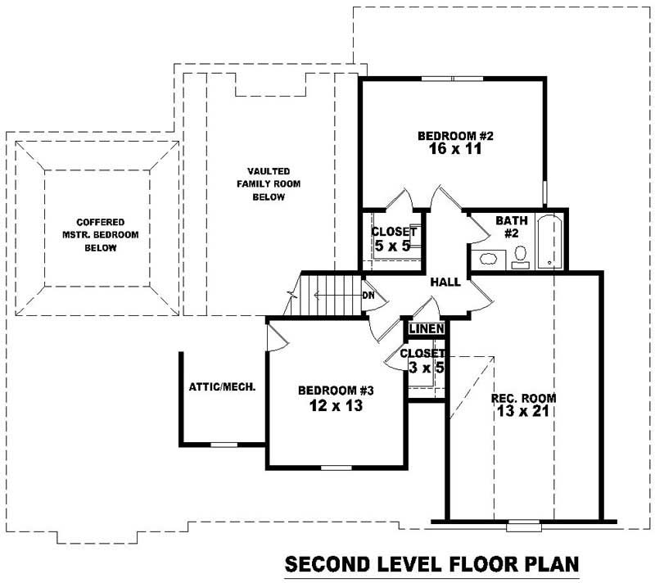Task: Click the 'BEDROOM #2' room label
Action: tap(454, 136)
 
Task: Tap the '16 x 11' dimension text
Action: tap(454, 150)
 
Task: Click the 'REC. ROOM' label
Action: tap(524, 398)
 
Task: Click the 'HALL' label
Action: tap(445, 282)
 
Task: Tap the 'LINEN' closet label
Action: tap(427, 329)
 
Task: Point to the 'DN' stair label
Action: tap(368, 296)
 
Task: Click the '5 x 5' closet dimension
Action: tap(392, 245)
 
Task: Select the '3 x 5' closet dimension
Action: tap(426, 368)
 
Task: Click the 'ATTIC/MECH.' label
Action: tap(223, 386)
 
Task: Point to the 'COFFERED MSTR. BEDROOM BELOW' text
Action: tap(101, 234)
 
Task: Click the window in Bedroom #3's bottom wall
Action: tap(337, 468)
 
